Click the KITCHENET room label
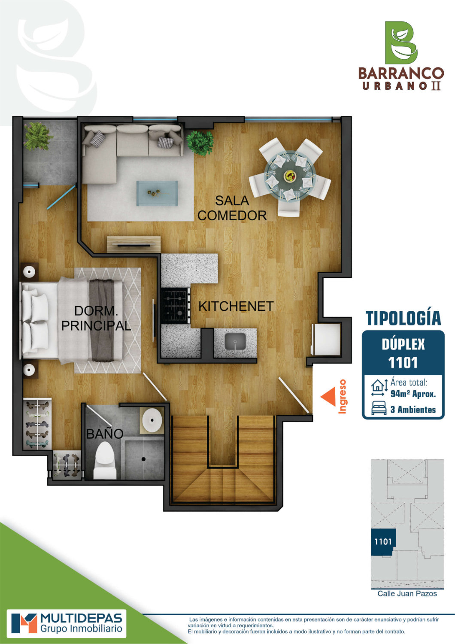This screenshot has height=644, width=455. tap(236, 307)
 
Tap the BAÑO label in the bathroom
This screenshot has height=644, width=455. tap(105, 434)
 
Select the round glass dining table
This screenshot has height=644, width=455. tap(290, 175)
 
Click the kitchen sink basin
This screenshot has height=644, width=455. tap(235, 342)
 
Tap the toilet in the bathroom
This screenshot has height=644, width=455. tap(105, 460)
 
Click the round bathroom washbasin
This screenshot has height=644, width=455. tap(152, 420)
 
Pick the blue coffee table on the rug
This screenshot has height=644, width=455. tap(157, 193)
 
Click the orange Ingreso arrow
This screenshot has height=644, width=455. tap(328, 397)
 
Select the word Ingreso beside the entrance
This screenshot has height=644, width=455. tap(343, 396)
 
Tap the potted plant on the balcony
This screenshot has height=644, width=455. tap(38, 136)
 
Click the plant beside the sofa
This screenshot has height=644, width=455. tap(200, 143)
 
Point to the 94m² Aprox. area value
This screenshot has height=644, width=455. tap(413, 394)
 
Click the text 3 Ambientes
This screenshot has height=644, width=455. tap(413, 410)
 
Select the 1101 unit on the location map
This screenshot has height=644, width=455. tap(383, 542)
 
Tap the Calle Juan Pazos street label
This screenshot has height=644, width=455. tap(407, 594)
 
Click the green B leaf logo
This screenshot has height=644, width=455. tap(401, 43)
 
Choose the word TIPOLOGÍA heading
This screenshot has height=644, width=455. tap(403, 318)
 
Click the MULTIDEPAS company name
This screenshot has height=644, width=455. tap(82, 617)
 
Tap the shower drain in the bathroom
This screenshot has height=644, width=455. tap(143, 459)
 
